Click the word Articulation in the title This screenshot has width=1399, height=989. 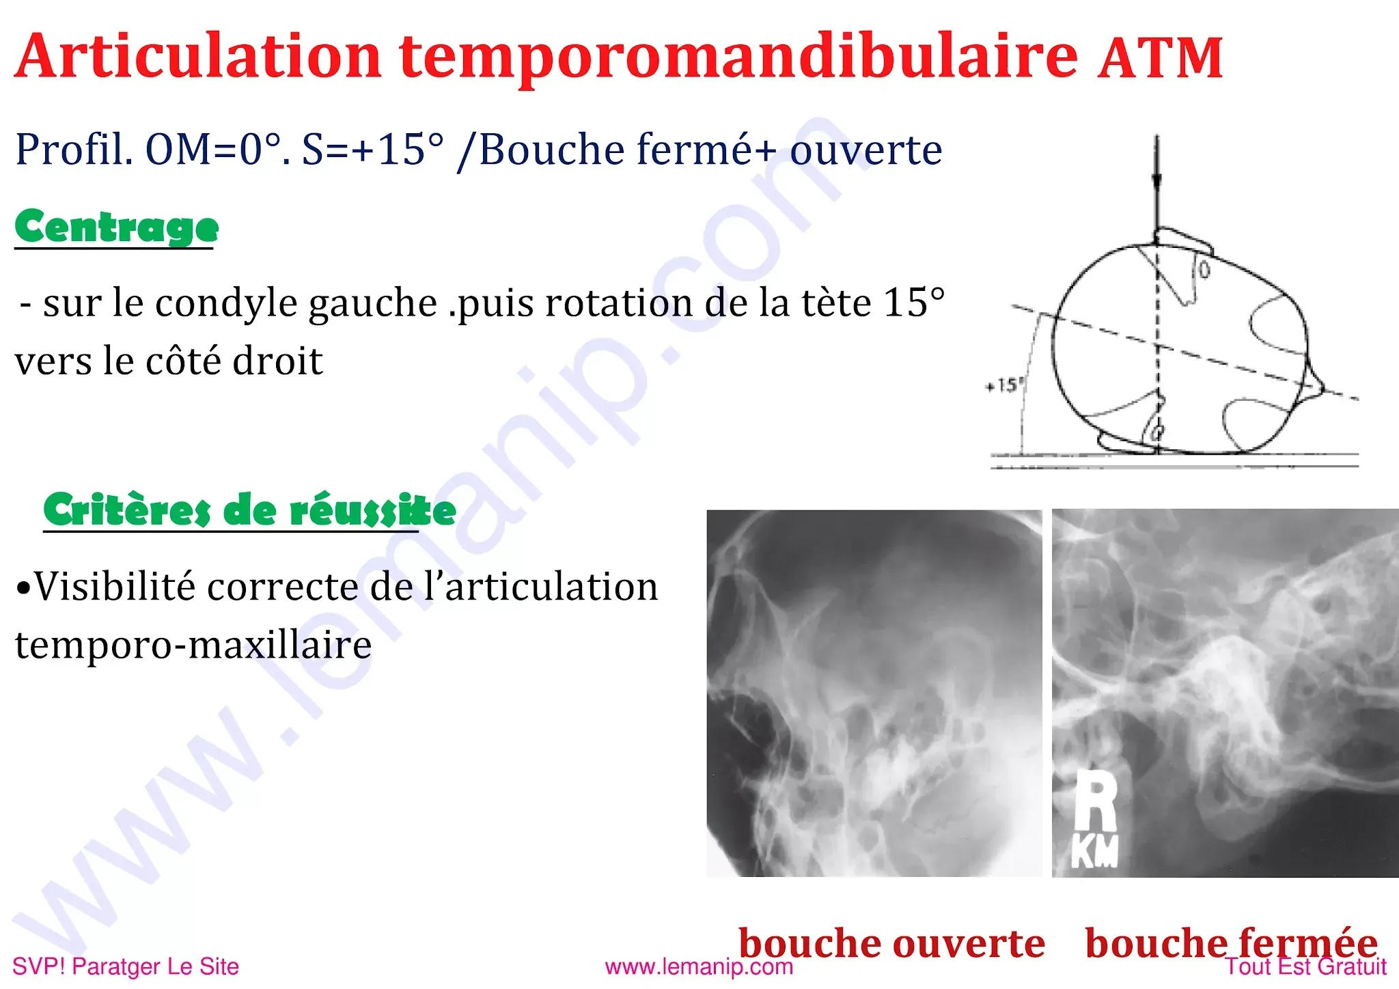197,56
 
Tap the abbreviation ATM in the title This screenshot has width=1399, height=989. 1159,59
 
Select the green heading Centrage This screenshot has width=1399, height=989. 117,227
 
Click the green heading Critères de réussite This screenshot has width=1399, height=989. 249,510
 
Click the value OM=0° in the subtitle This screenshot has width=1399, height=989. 217,150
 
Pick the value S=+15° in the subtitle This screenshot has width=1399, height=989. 373,150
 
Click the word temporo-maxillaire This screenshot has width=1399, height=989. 193,645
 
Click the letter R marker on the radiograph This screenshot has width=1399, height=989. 1095,799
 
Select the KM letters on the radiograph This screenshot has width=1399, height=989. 1094,852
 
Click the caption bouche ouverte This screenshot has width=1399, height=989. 891,943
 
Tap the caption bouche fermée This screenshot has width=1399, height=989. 1231,943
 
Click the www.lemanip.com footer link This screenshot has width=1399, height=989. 699,967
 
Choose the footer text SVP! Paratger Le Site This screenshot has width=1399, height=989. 126,967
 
